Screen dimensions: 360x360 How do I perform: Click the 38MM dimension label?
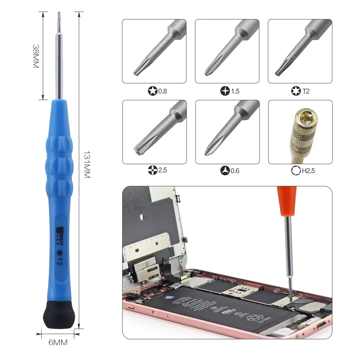pyautogui.click(x=36, y=57)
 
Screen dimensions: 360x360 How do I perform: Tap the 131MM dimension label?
pyautogui.click(x=86, y=164)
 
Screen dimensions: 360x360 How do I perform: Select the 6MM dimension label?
pyautogui.click(x=58, y=342)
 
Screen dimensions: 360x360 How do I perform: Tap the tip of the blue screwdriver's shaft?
pyautogui.click(x=58, y=14)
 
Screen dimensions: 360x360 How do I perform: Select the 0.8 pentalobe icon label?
pyautogui.click(x=157, y=91)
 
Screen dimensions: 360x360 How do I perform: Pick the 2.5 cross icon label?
pyautogui.click(x=157, y=170)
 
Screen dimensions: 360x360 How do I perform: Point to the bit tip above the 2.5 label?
pyautogui.click(x=137, y=151)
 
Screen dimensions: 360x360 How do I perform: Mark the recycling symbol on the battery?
pyautogui.click(x=254, y=318)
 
